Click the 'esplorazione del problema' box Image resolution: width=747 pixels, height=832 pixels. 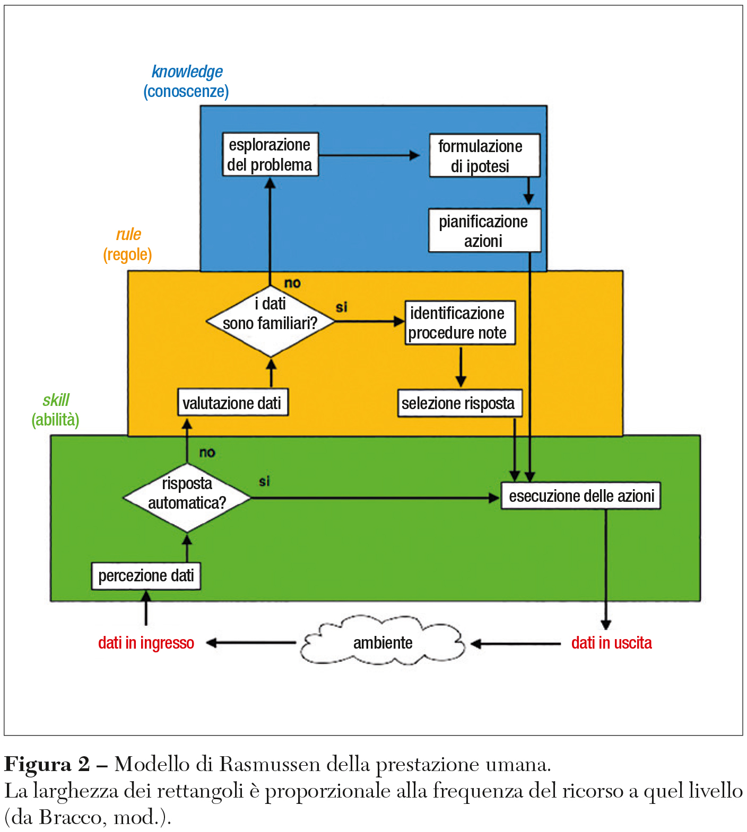click(x=270, y=154)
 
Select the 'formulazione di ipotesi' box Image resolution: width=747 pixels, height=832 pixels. click(x=484, y=155)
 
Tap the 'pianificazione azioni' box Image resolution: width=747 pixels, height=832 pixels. click(x=484, y=231)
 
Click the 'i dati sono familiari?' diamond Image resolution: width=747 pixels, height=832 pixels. click(x=270, y=321)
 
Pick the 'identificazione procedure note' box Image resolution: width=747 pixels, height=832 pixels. click(x=459, y=323)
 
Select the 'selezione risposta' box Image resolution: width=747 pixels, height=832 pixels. click(x=459, y=403)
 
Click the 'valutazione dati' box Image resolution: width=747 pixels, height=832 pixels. click(x=232, y=403)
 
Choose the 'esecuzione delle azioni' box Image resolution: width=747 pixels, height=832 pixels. click(x=580, y=495)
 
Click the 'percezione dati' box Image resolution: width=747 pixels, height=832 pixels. click(x=146, y=576)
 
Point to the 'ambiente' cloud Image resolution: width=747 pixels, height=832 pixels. click(x=383, y=643)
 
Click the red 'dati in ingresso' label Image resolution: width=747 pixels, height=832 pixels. click(x=146, y=643)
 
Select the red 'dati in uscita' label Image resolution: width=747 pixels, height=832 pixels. click(x=611, y=643)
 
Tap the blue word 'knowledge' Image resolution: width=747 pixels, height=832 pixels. click(x=187, y=72)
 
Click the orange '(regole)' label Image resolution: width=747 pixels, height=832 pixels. click(x=127, y=255)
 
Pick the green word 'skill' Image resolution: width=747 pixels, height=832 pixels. click(x=56, y=400)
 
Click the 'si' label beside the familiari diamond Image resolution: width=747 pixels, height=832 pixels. click(x=341, y=307)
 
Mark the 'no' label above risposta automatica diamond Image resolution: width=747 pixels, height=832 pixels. click(x=207, y=453)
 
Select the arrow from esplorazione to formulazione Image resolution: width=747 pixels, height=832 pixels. click(x=369, y=155)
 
